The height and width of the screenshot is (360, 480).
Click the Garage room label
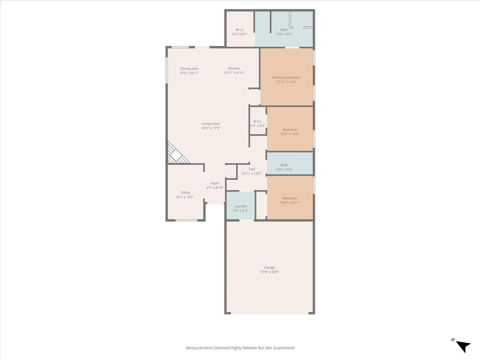269,268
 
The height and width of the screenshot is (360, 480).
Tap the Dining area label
189,69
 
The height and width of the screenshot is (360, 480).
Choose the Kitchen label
234,68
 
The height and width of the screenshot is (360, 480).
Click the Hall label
252,169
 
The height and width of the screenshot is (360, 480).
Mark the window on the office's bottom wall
187,220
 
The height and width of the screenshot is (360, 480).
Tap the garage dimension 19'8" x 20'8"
269,272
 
